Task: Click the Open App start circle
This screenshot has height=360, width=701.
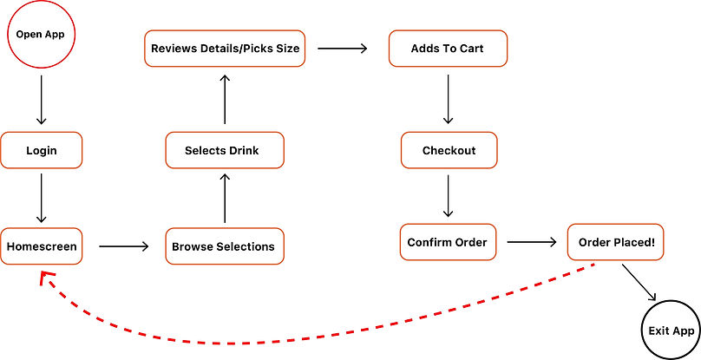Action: point(42,36)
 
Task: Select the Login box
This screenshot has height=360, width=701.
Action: point(42,150)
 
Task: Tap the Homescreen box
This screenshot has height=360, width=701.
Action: point(42,246)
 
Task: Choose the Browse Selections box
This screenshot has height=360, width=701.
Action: point(224,246)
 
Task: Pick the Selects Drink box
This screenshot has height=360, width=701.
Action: point(224,150)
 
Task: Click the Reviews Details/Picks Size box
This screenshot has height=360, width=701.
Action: point(225,49)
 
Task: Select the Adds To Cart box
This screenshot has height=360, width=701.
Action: point(448,49)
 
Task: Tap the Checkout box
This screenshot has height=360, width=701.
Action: point(449,150)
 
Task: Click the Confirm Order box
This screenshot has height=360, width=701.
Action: point(448,242)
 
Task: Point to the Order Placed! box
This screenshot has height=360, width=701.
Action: point(617,242)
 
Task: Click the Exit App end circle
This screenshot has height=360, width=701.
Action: point(672,331)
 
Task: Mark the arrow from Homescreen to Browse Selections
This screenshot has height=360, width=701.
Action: point(124,246)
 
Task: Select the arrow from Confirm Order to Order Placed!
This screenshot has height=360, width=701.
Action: point(532,242)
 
